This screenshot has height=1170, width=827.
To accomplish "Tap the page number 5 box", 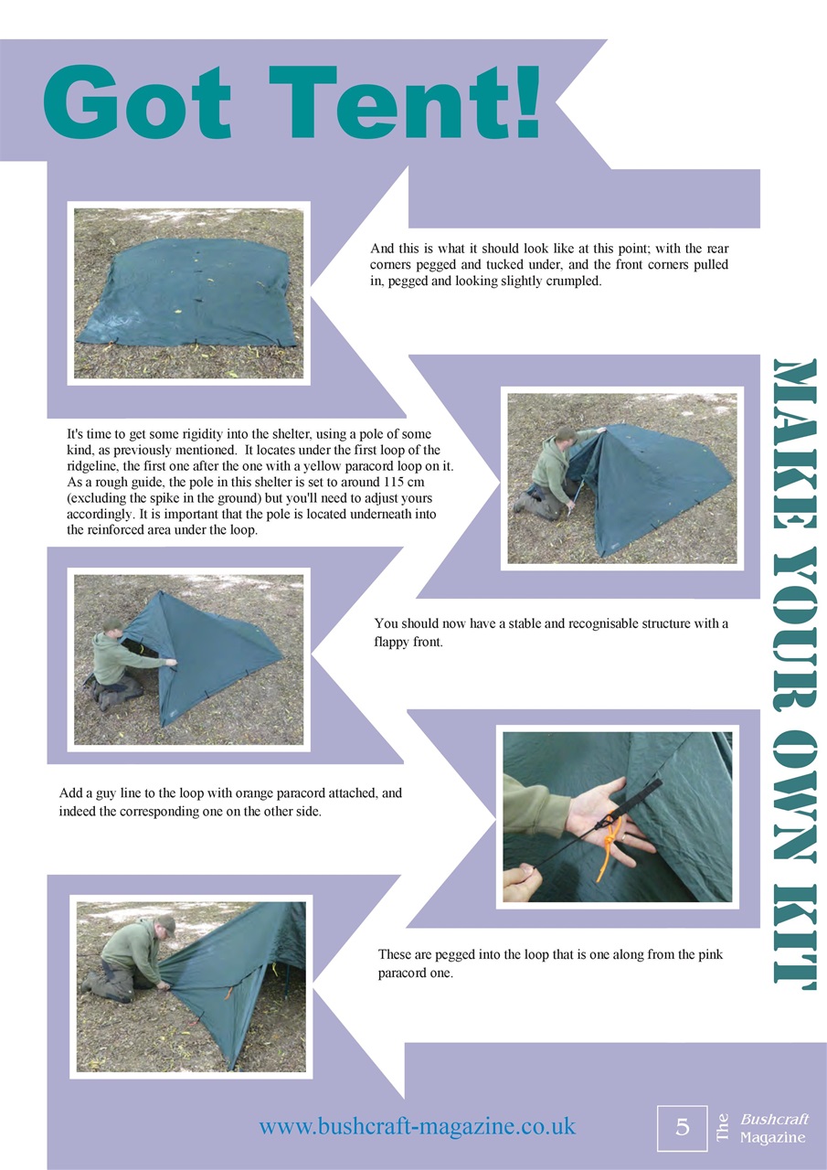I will [x=683, y=1127].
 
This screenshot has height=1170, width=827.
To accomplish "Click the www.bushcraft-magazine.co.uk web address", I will [x=417, y=1125].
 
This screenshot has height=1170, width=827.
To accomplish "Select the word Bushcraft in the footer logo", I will [x=774, y=1119].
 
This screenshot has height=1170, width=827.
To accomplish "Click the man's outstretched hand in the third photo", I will [x=171, y=663].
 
